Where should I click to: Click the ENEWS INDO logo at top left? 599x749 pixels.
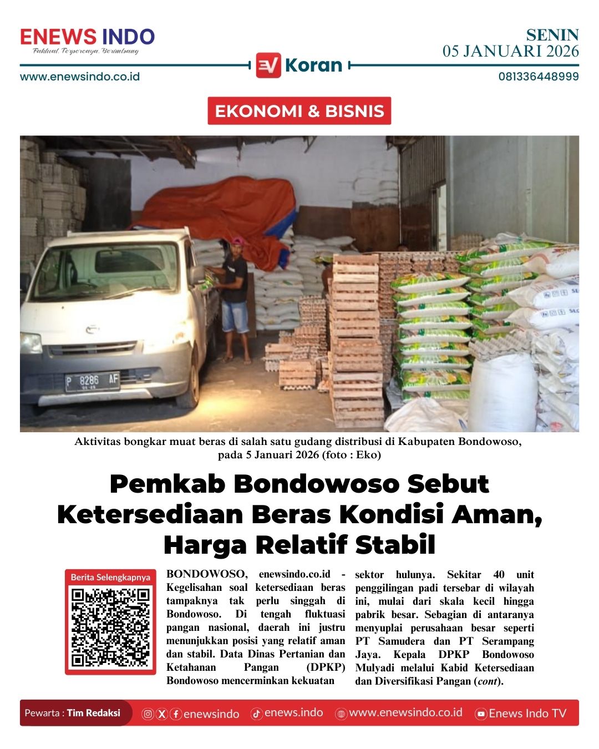pyautogui.click(x=87, y=38)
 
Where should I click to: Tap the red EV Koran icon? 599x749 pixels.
pyautogui.click(x=268, y=65)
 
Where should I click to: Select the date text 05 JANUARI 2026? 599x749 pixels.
pyautogui.click(x=510, y=52)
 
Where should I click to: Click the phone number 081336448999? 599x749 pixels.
pyautogui.click(x=538, y=77)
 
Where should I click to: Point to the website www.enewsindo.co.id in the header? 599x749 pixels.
pyautogui.click(x=80, y=77)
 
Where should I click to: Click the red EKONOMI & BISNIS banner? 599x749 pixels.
pyautogui.click(x=299, y=111)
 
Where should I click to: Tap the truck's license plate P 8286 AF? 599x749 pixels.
pyautogui.click(x=92, y=381)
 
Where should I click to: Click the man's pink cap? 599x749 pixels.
pyautogui.click(x=238, y=241)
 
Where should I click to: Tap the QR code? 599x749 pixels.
pyautogui.click(x=110, y=627)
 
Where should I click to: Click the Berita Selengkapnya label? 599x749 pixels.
pyautogui.click(x=110, y=577)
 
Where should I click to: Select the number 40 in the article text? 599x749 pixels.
pyautogui.click(x=499, y=574)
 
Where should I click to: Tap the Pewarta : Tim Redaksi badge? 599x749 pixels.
pyautogui.click(x=73, y=713)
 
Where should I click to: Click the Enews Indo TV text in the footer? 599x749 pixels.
pyautogui.click(x=527, y=713)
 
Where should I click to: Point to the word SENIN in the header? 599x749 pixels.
pyautogui.click(x=552, y=36)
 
